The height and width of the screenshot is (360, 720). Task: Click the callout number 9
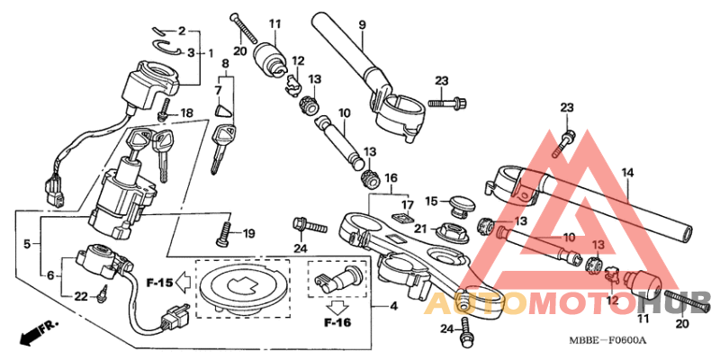[x=361, y=24]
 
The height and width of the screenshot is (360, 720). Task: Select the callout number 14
[x=627, y=171]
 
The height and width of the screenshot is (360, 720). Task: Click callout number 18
[x=187, y=112]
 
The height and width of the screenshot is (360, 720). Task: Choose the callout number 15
[x=431, y=201]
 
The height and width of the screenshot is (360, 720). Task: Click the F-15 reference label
[x=159, y=282]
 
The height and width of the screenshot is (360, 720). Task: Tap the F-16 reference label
[x=337, y=321]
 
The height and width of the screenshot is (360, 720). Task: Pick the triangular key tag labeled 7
[x=221, y=113]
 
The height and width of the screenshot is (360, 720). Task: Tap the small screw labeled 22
[x=107, y=292]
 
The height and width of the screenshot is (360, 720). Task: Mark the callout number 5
[x=26, y=243]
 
